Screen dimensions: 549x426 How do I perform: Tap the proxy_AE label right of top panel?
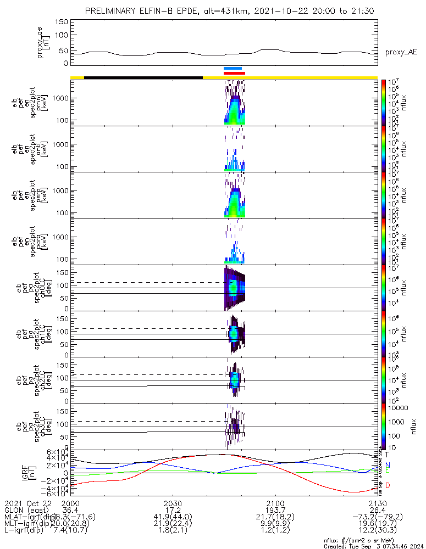[401, 52]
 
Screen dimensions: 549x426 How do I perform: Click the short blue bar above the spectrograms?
[233, 68]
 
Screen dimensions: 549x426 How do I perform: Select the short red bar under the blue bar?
[234, 72]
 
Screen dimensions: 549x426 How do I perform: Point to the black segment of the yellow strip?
[143, 77]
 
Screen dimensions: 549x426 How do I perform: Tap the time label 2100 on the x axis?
[275, 503]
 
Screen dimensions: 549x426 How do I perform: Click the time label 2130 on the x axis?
[378, 503]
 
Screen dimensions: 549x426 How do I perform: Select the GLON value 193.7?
[275, 510]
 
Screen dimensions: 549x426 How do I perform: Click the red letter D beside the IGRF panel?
[388, 485]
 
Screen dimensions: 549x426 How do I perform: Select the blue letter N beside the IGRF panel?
[388, 464]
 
